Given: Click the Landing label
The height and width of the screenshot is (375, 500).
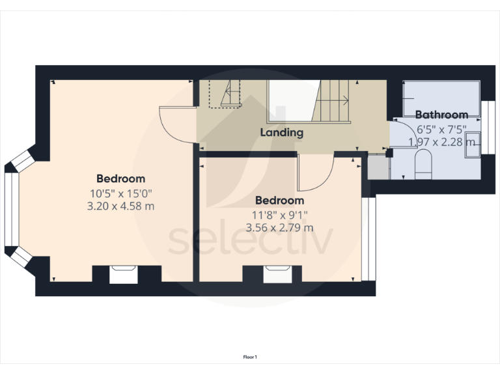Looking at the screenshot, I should tap(281, 132).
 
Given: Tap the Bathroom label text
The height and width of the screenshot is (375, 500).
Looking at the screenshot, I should tap(441, 115).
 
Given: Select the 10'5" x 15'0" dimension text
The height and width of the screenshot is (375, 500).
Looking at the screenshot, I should tap(121, 193).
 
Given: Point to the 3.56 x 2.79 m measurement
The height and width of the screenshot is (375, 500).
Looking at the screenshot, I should tap(279, 227).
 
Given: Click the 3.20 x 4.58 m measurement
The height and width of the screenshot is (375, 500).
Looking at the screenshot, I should tap(121, 206).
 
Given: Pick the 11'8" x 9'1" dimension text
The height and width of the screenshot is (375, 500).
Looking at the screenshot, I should tap(279, 214).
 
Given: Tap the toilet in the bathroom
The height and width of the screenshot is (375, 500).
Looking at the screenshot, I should tap(423, 165).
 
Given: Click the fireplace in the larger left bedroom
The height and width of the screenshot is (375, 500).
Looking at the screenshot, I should tap(122, 275).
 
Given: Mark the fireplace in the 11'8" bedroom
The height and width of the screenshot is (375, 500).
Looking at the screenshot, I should tap(277, 275).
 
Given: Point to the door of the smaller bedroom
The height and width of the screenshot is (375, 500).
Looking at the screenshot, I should tap(314, 171).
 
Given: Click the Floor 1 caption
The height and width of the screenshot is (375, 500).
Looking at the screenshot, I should tap(250, 357).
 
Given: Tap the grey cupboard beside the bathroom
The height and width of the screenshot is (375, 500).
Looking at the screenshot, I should tap(378, 168).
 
